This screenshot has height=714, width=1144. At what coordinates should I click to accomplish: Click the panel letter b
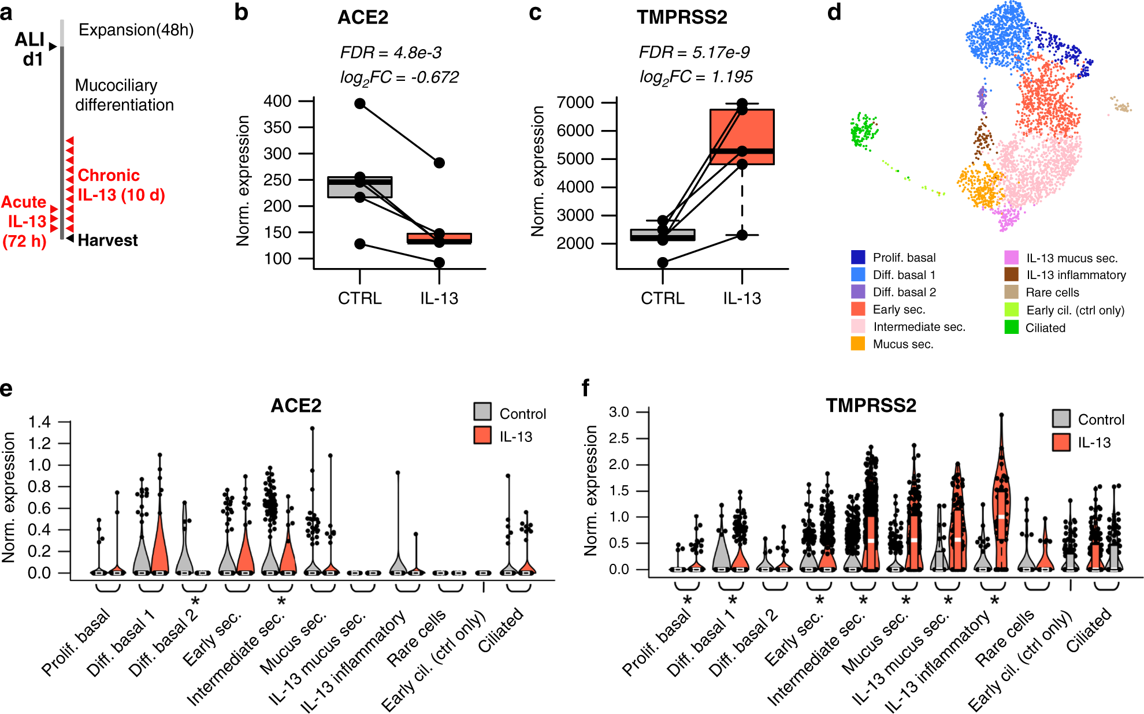point(241,13)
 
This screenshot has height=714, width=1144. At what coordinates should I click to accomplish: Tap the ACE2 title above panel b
point(363,17)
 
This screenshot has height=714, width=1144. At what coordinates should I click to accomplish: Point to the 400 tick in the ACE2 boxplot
point(277,101)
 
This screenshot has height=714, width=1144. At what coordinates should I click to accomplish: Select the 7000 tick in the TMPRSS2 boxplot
point(575,102)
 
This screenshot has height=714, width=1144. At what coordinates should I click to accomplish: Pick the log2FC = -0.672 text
point(399,77)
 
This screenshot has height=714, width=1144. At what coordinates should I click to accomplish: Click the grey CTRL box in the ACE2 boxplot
point(359,187)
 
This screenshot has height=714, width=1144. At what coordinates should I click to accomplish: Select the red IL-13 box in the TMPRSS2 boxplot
point(742,137)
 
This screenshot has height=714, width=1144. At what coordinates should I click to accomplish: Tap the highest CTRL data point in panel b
point(360,103)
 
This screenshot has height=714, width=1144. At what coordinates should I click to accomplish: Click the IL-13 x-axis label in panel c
point(742,298)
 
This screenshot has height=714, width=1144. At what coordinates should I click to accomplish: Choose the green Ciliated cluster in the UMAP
point(864,131)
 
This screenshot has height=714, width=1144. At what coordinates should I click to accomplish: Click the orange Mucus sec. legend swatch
point(858,344)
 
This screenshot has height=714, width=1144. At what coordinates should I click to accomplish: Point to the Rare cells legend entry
point(1052,292)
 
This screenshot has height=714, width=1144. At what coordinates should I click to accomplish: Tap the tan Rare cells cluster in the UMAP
point(1121,106)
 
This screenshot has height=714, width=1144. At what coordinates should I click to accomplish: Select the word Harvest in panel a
point(107,240)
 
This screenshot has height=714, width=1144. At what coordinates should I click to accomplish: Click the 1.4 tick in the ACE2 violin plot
point(39,422)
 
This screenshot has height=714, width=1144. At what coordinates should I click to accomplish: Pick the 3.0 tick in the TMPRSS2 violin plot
point(618,412)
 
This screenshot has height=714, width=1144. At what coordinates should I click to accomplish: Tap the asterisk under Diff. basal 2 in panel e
point(195,601)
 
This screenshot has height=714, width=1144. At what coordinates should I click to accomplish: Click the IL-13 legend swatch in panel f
point(1061,442)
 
